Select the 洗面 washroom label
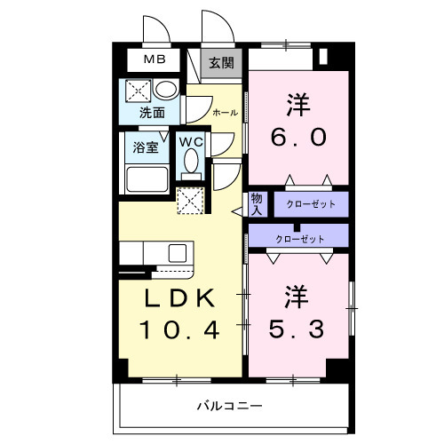[152, 113]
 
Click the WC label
[193, 141]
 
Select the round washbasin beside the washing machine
[164, 91]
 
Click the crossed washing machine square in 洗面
[138, 90]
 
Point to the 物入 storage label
[256, 203]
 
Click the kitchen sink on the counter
[178, 251]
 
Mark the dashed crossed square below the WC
[189, 201]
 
